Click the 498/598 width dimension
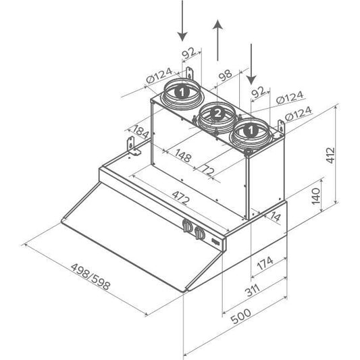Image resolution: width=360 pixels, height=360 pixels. point(91,277)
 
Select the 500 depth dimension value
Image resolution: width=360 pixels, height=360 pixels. point(240,316)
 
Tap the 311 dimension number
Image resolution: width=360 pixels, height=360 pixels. point(252,290)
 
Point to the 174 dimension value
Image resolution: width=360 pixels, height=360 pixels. point(265,263)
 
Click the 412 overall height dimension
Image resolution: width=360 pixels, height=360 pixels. point(331,155)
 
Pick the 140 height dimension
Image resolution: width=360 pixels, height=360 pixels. point(315,197)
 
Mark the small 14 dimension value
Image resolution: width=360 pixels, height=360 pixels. point(276,216)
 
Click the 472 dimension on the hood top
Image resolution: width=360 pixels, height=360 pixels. point(181,198)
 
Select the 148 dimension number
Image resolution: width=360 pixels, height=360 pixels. point(183,155)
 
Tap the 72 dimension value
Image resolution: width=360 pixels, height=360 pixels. point(208,170)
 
